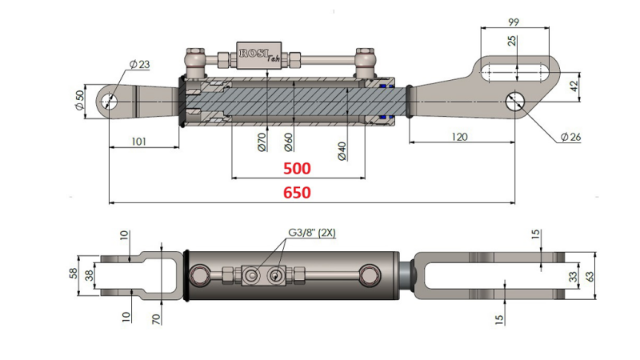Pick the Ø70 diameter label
[x=262, y=142]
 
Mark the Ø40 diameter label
[x=342, y=150]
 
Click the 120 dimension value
[x=458, y=137]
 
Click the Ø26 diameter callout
[x=570, y=137]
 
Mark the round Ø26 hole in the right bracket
[x=516, y=102]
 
